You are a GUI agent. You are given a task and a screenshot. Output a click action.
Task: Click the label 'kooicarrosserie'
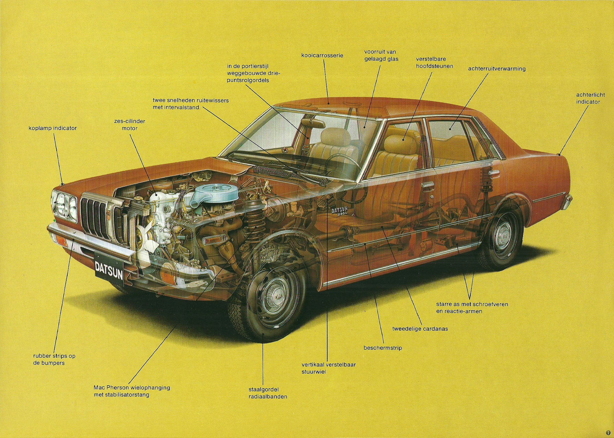pyautogui.click(x=322, y=55)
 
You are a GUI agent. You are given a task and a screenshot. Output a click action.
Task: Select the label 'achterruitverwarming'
pyautogui.click(x=497, y=69)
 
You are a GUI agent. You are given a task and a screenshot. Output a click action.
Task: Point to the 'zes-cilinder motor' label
pyautogui.click(x=129, y=125)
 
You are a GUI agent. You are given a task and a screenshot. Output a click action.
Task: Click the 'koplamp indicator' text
pyautogui.click(x=53, y=128)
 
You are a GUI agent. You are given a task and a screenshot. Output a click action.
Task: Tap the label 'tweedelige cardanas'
pyautogui.click(x=420, y=328)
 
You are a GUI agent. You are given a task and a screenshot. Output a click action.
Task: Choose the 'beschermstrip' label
pyautogui.click(x=383, y=348)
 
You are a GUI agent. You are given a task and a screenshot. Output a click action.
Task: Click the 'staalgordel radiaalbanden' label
pyautogui.click(x=268, y=393)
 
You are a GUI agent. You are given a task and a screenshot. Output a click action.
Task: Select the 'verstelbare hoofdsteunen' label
pyautogui.click(x=434, y=62)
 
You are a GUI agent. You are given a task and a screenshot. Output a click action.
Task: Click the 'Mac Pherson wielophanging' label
pyautogui.click(x=132, y=388)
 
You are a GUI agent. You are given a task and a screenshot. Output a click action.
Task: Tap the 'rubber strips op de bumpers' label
pyautogui.click(x=54, y=359)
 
